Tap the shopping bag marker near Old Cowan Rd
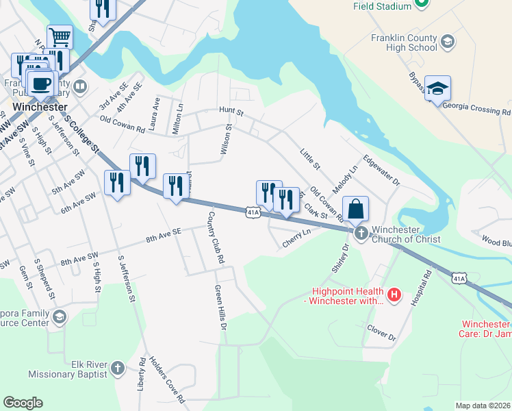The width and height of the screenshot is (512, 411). coord(355,208)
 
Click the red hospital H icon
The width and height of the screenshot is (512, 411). coord(394,295)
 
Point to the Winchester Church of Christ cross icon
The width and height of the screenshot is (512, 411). coord(361,234)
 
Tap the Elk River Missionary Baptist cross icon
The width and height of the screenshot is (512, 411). coord(117,368)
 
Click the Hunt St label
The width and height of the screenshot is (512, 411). coord(231,110)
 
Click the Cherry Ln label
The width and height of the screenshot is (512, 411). coord(296,238)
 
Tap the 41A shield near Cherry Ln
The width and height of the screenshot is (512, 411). coord(253,213)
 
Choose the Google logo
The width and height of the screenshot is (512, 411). coord(23,402)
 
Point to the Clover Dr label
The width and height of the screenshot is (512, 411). coord(382,333)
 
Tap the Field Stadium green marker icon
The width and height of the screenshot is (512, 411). coord(422,5)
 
